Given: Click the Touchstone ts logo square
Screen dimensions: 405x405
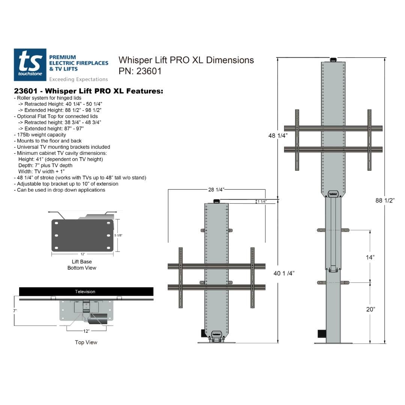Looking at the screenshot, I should click(x=30, y=64).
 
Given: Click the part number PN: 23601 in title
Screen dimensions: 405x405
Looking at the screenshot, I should click(x=140, y=71).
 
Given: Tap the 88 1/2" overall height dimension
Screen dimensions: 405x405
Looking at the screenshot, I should click(x=385, y=201).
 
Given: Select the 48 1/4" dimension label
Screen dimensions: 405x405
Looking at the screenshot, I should click(x=277, y=136).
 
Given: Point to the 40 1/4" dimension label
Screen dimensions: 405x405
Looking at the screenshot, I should click(x=284, y=273).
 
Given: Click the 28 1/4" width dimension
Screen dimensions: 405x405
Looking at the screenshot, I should click(x=216, y=190).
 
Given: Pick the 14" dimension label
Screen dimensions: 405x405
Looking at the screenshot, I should click(x=370, y=257).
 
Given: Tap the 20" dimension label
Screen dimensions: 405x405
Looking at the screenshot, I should click(x=370, y=309).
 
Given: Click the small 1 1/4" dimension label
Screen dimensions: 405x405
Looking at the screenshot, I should click(x=262, y=202).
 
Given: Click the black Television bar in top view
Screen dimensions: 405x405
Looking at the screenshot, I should click(x=86, y=291).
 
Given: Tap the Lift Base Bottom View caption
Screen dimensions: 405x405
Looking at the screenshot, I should click(x=82, y=265).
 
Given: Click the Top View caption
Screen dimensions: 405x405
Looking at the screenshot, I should click(x=86, y=342).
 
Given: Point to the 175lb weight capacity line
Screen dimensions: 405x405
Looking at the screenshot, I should click(x=41, y=135).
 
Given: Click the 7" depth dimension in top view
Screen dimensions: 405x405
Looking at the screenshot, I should click(x=15, y=311).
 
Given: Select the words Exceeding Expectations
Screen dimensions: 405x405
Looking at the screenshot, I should click(x=78, y=79).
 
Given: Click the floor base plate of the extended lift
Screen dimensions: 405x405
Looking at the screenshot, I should click(x=333, y=343).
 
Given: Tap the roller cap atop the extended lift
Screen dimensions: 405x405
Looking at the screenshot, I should click(x=333, y=59).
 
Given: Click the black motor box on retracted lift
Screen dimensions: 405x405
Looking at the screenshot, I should click(x=202, y=333).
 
